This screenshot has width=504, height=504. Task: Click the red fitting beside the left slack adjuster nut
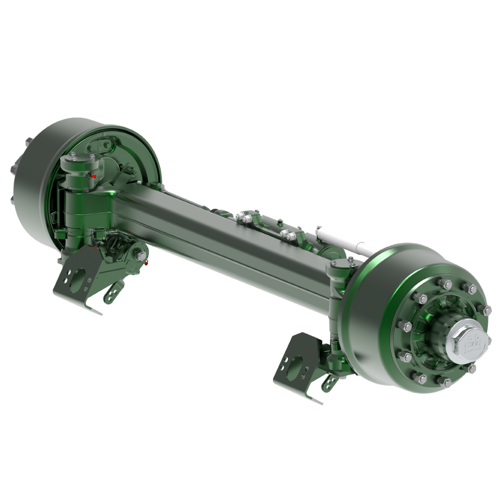pos(147,263)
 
